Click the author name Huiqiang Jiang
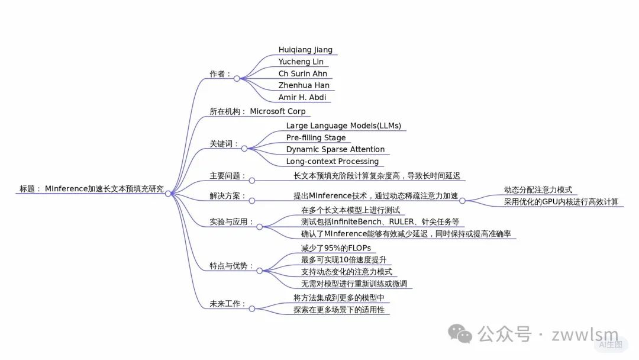305,50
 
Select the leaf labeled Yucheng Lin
301,62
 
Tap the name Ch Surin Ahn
303,74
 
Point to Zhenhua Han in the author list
304,85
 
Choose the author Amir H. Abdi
302,97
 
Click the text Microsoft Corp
277,111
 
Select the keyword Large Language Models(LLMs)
343,126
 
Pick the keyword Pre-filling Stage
316,137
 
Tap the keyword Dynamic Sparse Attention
335,149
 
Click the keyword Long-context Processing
333,161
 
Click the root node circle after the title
169,194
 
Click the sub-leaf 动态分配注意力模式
538,190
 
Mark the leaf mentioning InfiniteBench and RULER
380,221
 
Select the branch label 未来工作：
228,304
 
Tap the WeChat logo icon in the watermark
460,334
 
